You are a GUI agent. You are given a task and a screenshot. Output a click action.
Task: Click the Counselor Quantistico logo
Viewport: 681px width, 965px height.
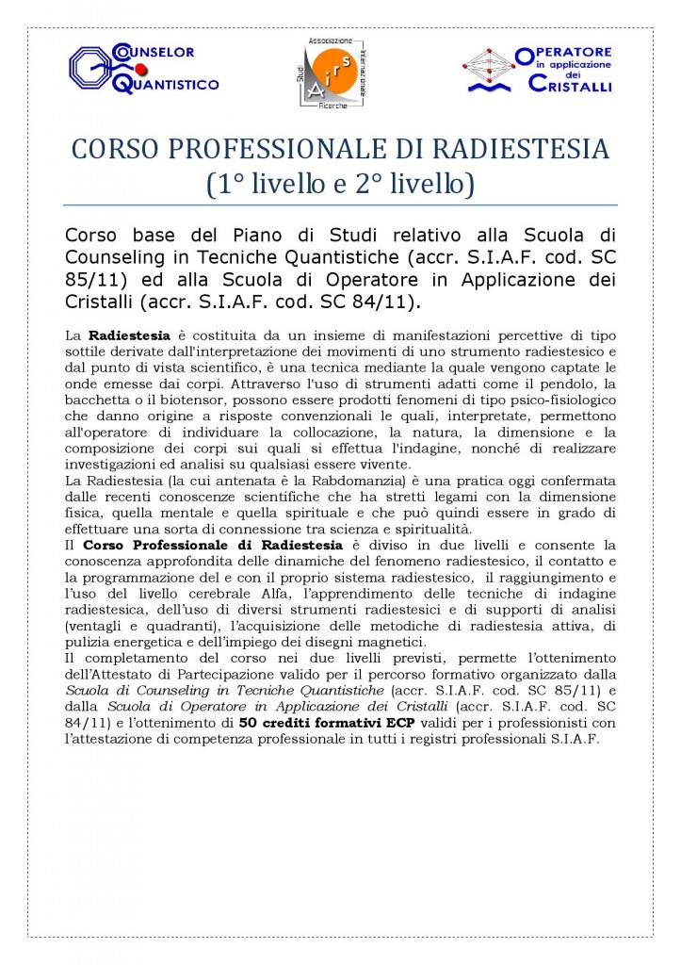pos(143,68)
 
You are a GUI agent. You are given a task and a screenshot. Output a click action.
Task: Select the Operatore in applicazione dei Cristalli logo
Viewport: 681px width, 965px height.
pos(538,71)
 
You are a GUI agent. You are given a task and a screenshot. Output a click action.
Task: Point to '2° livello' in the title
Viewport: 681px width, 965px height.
pos(413,185)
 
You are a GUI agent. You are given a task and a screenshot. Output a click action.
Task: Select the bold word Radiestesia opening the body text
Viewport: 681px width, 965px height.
pos(129,335)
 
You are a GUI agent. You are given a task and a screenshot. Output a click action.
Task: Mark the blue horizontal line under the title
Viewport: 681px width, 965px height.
pos(340,204)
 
